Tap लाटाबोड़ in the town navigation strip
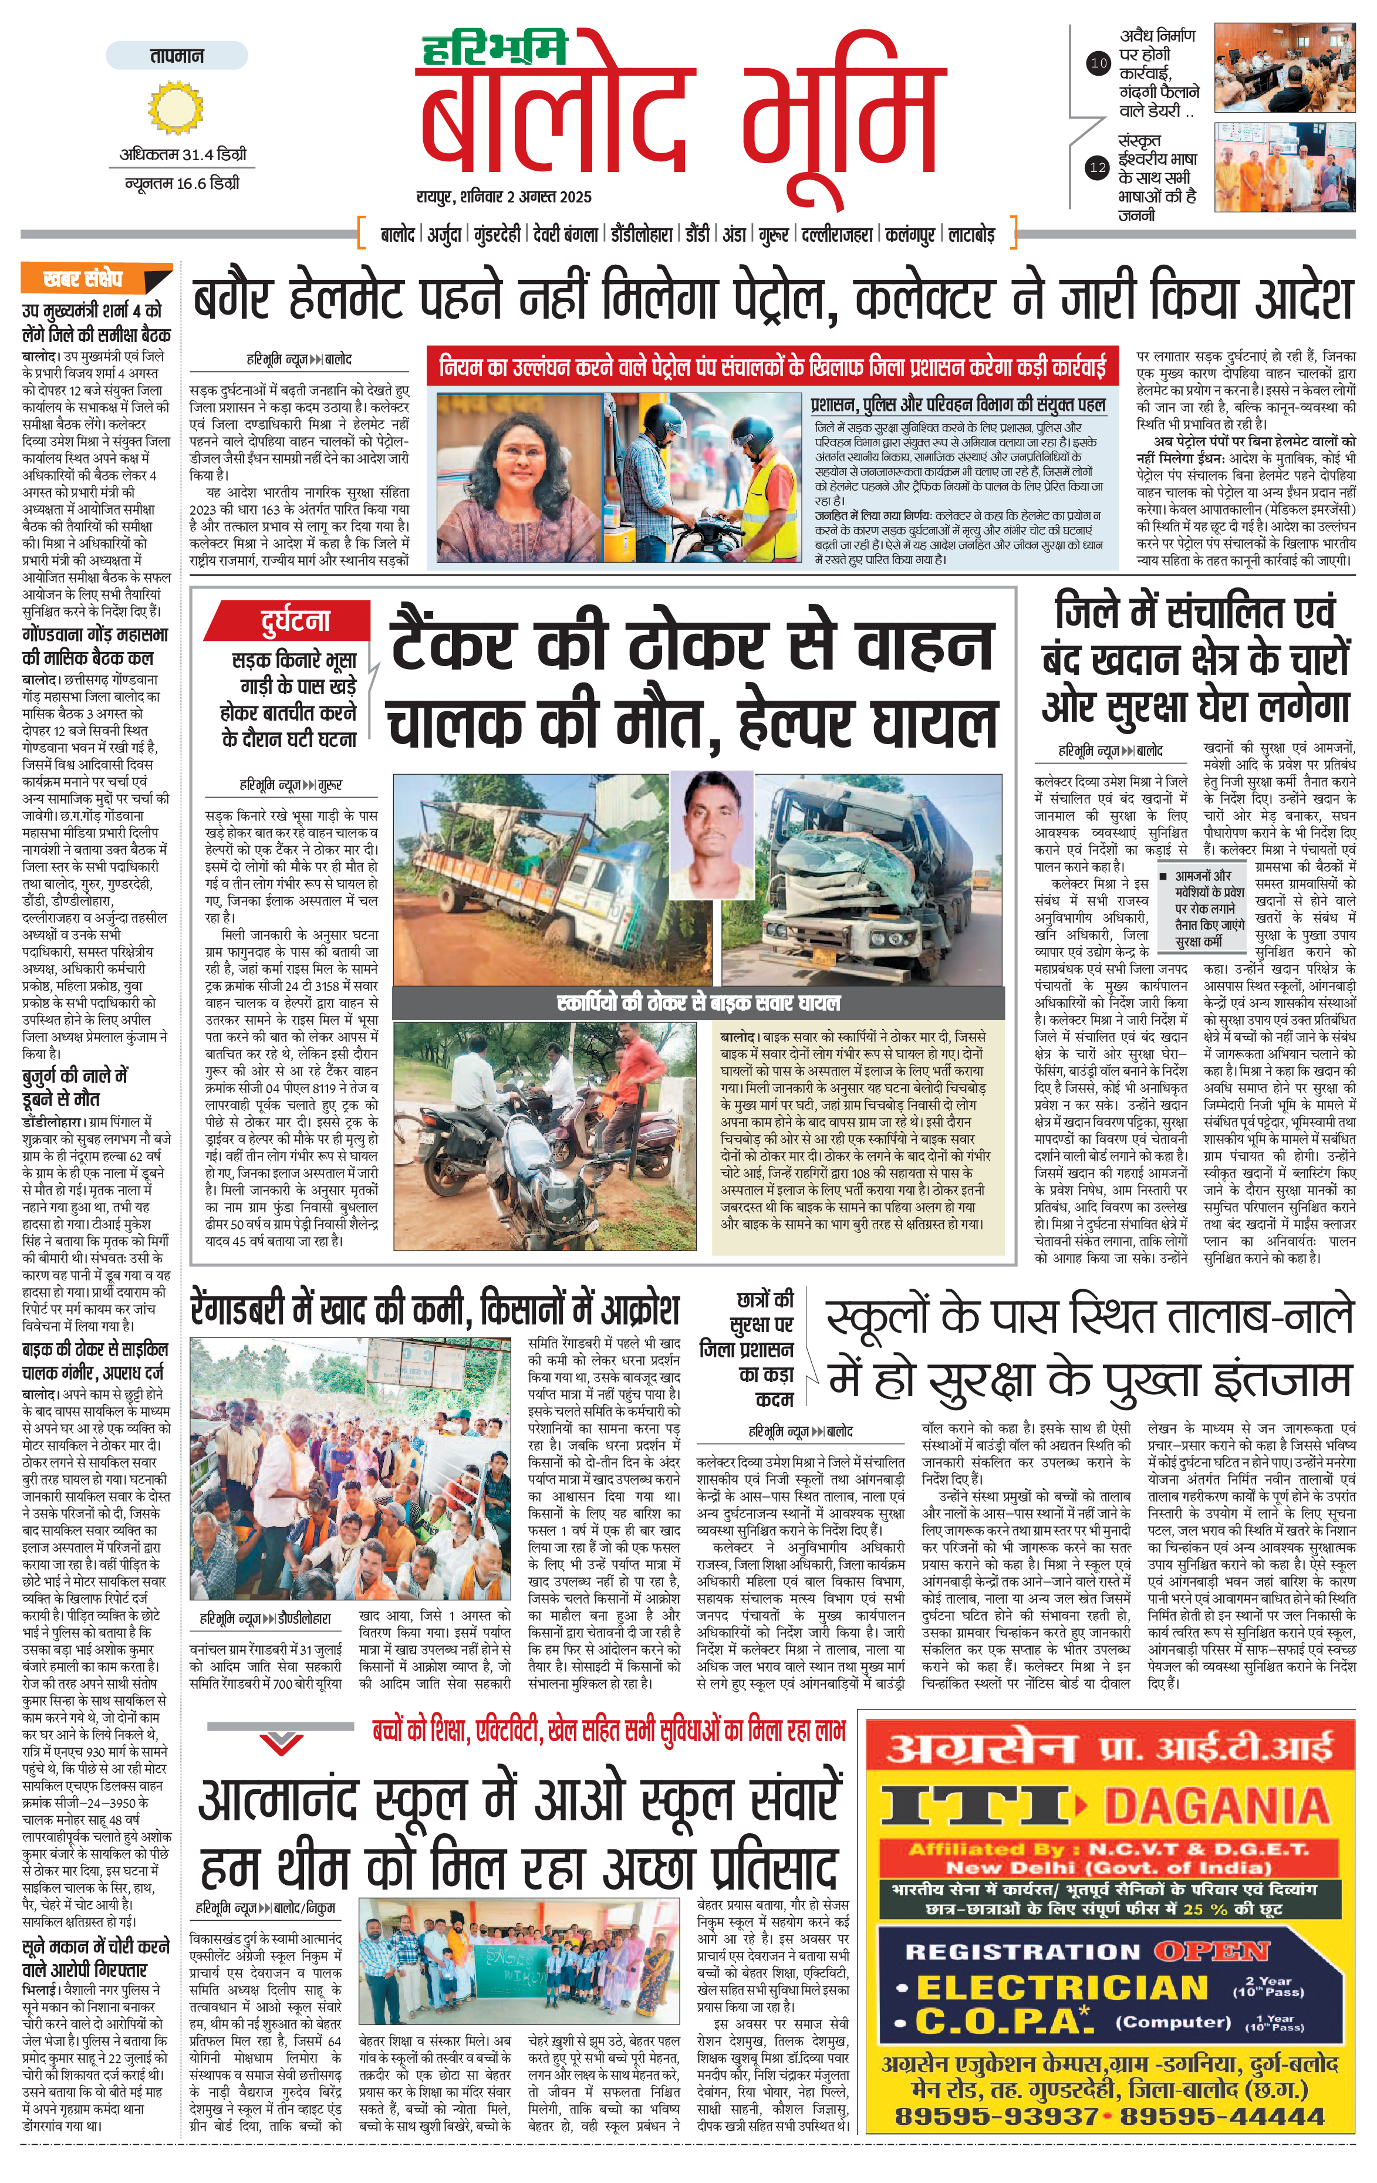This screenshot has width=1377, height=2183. click(x=972, y=235)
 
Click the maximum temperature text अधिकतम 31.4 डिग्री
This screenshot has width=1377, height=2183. click(x=182, y=155)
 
